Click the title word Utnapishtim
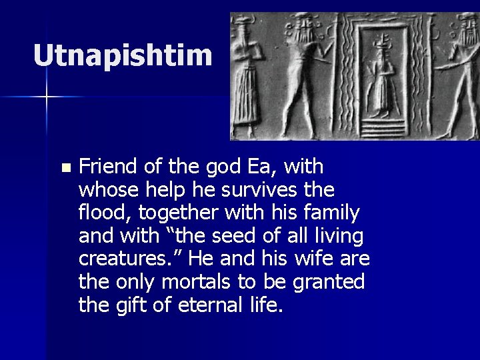(123, 56)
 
